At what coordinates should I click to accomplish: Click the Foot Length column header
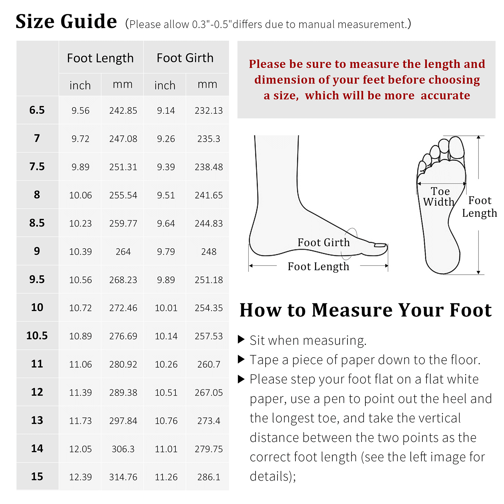[x=100, y=58]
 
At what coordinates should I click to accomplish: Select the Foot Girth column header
[x=185, y=58]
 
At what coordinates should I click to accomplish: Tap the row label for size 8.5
[x=37, y=223]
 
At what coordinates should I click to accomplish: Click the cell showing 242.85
[x=123, y=111]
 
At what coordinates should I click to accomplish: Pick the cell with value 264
[x=123, y=252]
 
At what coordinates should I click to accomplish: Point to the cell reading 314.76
[x=123, y=477]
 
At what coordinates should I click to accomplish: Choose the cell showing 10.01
[x=166, y=308]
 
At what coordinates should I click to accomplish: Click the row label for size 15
[x=37, y=477]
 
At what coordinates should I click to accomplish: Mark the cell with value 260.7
[x=209, y=364]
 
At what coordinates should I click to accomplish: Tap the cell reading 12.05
[x=80, y=449]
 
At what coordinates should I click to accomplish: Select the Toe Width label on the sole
[x=439, y=197]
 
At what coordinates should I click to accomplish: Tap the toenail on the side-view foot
[x=380, y=245]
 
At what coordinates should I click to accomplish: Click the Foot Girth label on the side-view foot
[x=324, y=242]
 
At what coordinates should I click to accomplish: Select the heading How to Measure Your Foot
[x=365, y=310]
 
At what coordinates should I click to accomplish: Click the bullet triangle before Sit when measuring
[x=241, y=339]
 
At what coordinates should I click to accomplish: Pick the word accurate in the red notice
[x=445, y=95]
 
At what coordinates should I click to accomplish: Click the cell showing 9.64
[x=166, y=223]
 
